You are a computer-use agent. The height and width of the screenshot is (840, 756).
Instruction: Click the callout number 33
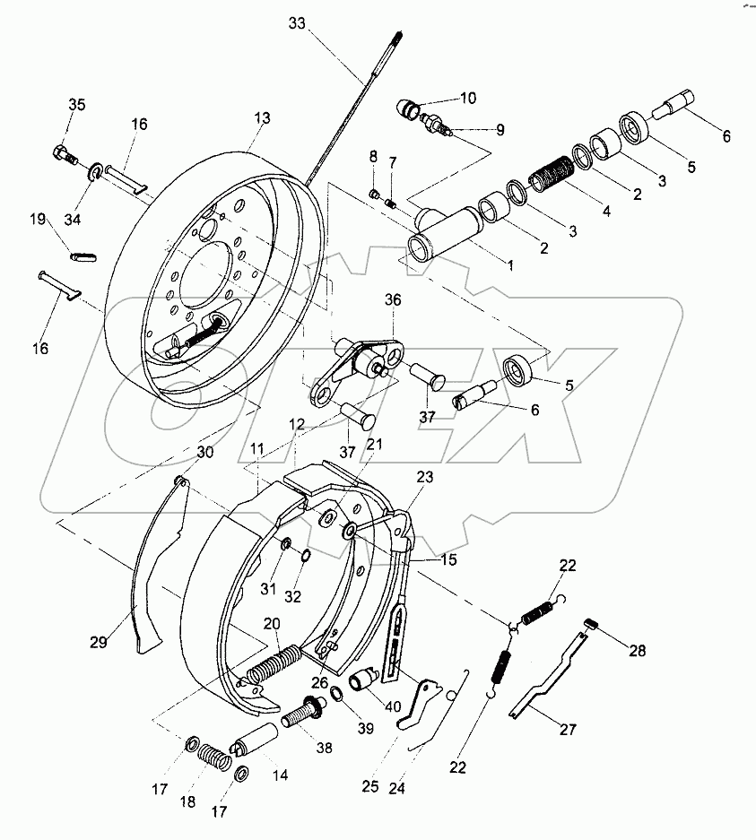(297, 24)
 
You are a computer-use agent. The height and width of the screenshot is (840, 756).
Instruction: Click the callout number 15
(448, 559)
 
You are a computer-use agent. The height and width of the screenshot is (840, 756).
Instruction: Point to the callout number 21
(374, 444)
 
